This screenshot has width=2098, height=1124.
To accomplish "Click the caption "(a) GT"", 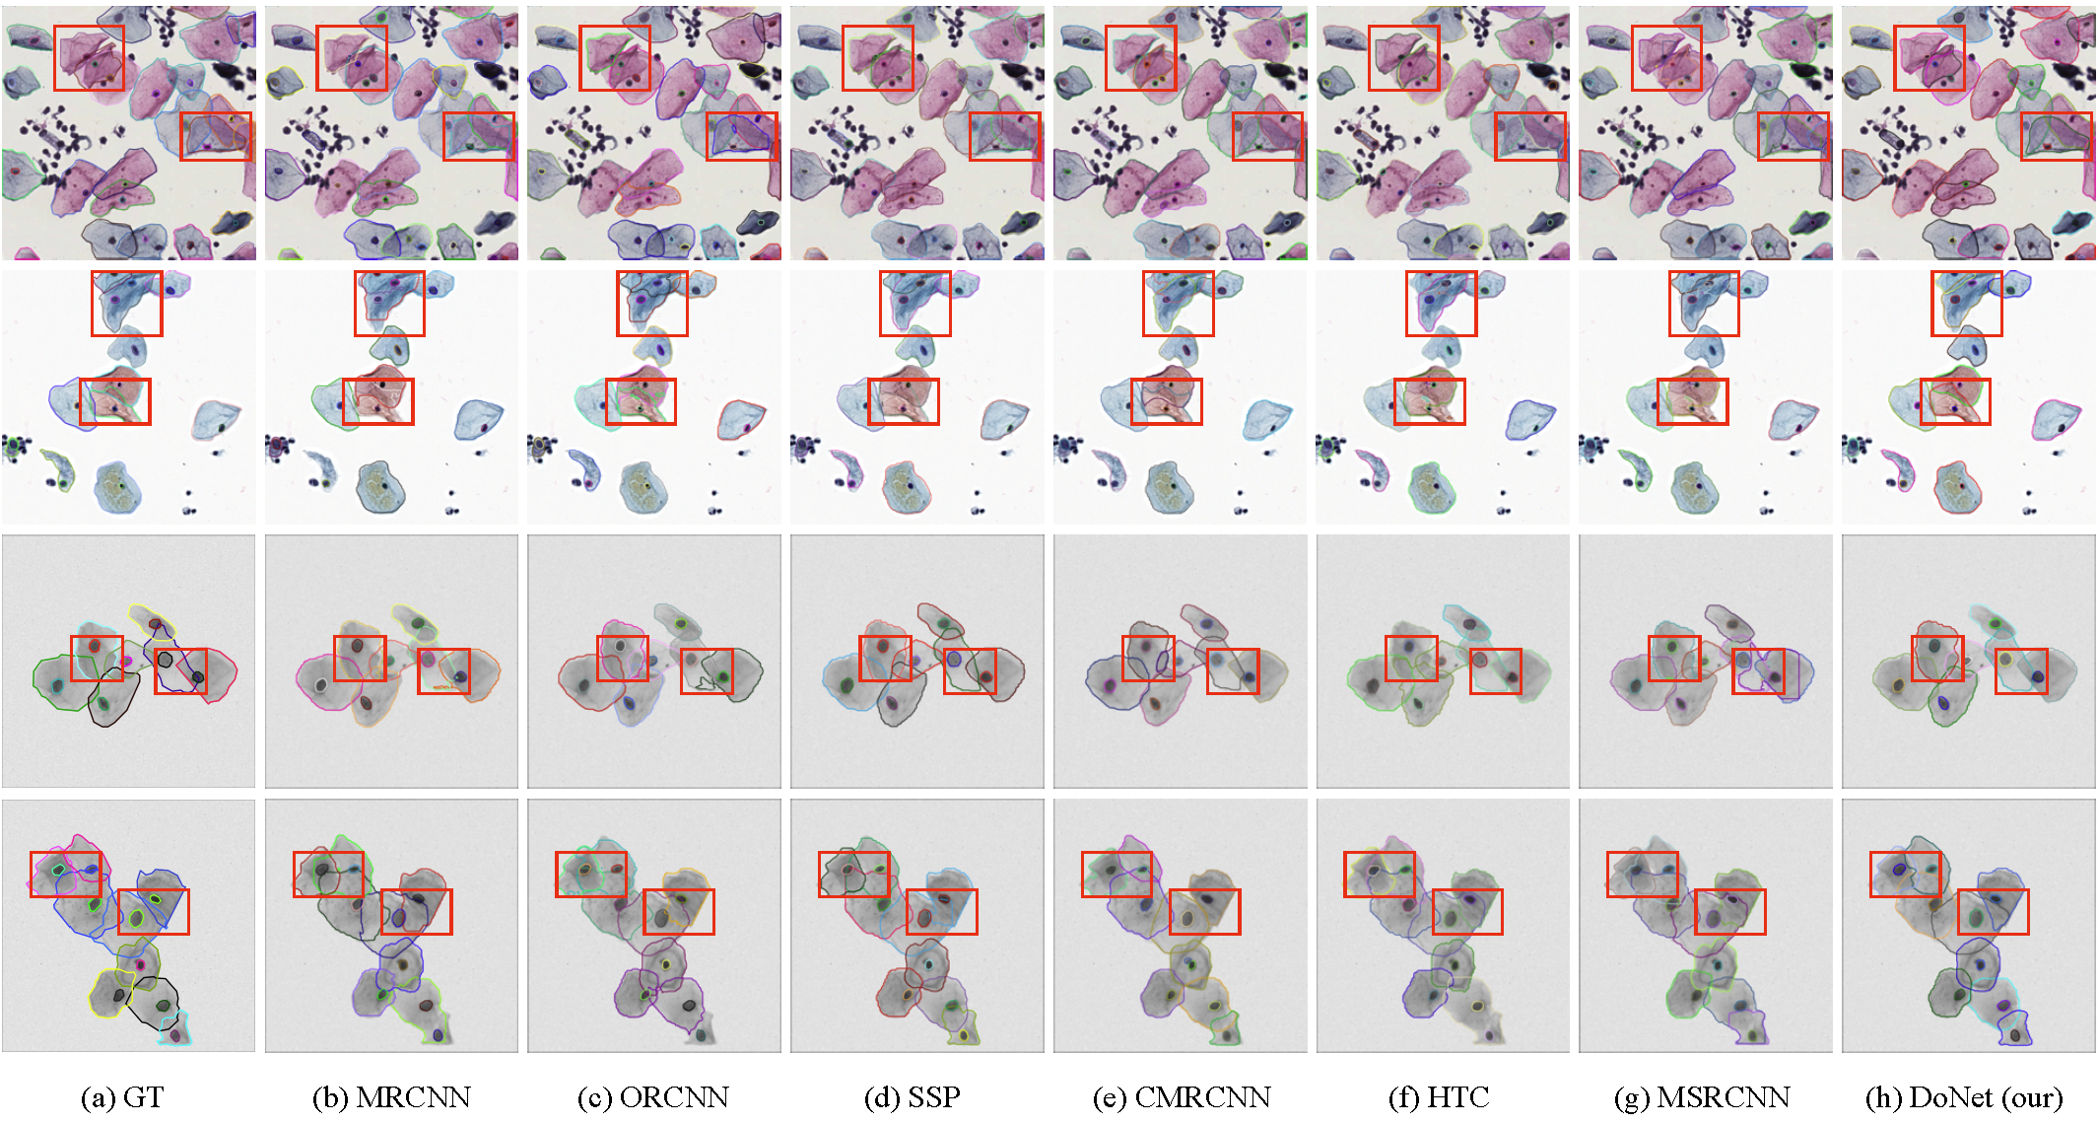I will pyautogui.click(x=121, y=1097).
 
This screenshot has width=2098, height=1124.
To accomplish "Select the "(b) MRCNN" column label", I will pyautogui.click(x=391, y=1097).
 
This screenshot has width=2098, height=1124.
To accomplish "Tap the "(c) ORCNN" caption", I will pyautogui.click(x=652, y=1097).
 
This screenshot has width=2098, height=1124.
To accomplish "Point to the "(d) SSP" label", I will pyautogui.click(x=912, y=1097).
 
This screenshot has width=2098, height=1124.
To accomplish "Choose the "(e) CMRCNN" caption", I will pyautogui.click(x=1181, y=1097).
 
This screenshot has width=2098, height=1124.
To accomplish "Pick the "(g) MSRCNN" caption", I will pyautogui.click(x=1702, y=1097).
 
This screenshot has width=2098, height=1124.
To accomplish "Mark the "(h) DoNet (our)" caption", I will pyautogui.click(x=1964, y=1097).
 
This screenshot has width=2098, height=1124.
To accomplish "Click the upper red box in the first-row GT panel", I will pyautogui.click(x=89, y=58).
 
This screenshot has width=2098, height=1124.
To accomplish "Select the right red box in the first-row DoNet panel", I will pyautogui.click(x=2056, y=136).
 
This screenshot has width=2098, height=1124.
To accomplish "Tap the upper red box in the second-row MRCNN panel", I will pyautogui.click(x=389, y=304).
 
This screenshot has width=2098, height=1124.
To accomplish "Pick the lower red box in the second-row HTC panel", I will pyautogui.click(x=1429, y=401).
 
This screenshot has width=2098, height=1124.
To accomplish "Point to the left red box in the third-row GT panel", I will pyautogui.click(x=97, y=659).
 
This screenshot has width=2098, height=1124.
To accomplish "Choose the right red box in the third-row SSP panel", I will pyautogui.click(x=970, y=671).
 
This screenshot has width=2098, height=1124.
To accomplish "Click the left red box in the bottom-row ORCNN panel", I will pyautogui.click(x=590, y=874).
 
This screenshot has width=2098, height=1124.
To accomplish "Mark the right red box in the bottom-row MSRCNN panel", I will pyautogui.click(x=1729, y=912).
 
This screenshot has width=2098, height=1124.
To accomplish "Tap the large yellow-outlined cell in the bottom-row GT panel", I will pyautogui.click(x=112, y=992).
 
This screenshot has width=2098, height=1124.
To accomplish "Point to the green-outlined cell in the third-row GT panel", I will pyautogui.click(x=59, y=683).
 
